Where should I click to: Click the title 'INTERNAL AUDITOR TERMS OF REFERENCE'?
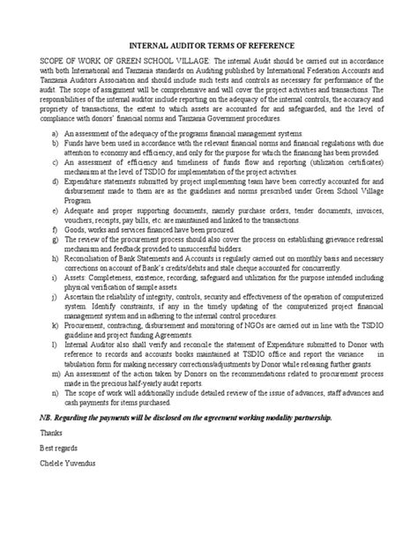pyautogui.click(x=208, y=45)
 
